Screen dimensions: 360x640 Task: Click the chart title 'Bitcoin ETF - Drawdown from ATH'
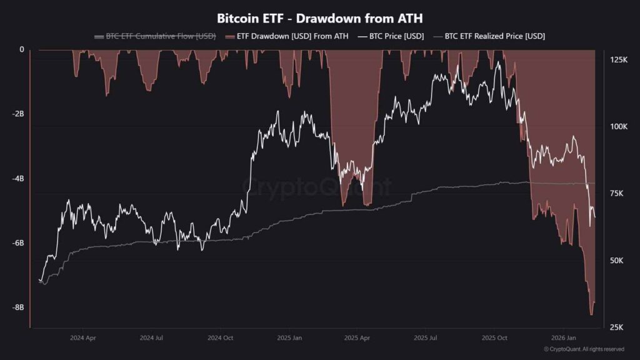point(319,18)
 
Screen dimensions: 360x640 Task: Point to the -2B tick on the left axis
point(17,114)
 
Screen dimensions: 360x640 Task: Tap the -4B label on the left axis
point(17,178)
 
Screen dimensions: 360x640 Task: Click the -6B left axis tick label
point(17,242)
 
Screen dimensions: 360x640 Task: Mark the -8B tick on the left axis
point(17,307)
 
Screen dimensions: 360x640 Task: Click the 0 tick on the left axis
point(22,49)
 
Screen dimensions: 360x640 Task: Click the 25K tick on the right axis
point(617,327)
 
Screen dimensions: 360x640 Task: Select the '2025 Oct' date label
point(494,337)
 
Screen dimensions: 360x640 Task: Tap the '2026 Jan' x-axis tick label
point(563,337)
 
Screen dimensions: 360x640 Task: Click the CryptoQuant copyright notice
point(584,349)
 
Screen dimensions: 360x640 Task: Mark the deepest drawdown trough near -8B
point(591,314)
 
